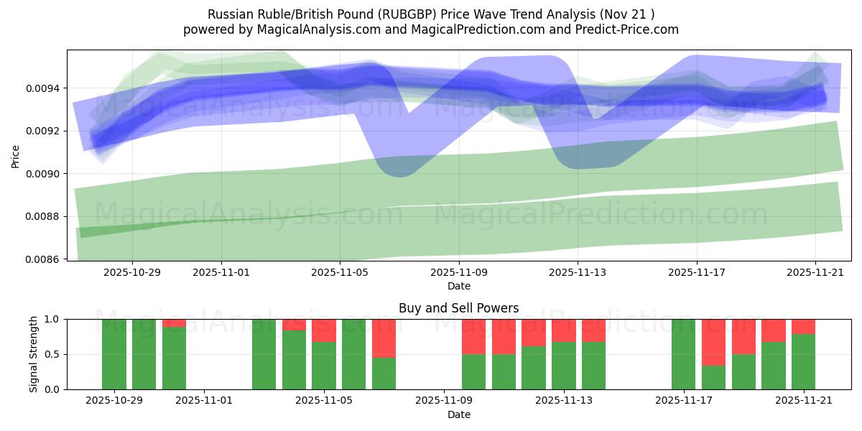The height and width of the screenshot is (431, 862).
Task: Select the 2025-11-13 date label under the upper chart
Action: (578, 272)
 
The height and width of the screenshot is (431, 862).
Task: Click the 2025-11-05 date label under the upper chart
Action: (340, 272)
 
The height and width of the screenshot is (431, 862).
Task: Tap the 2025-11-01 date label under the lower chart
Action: (205, 401)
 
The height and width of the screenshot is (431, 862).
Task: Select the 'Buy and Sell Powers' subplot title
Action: (458, 308)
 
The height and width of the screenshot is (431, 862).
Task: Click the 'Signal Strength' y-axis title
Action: (34, 354)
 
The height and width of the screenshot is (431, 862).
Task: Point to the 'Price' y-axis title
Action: (16, 155)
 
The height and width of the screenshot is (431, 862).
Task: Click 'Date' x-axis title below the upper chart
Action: (459, 286)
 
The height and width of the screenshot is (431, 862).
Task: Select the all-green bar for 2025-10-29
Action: (114, 354)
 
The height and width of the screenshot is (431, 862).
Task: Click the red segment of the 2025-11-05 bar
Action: (324, 330)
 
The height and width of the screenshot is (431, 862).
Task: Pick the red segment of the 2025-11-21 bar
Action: (803, 326)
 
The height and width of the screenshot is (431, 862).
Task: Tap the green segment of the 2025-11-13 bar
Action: (563, 366)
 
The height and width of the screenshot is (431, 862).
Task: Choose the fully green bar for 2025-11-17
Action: (683, 354)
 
